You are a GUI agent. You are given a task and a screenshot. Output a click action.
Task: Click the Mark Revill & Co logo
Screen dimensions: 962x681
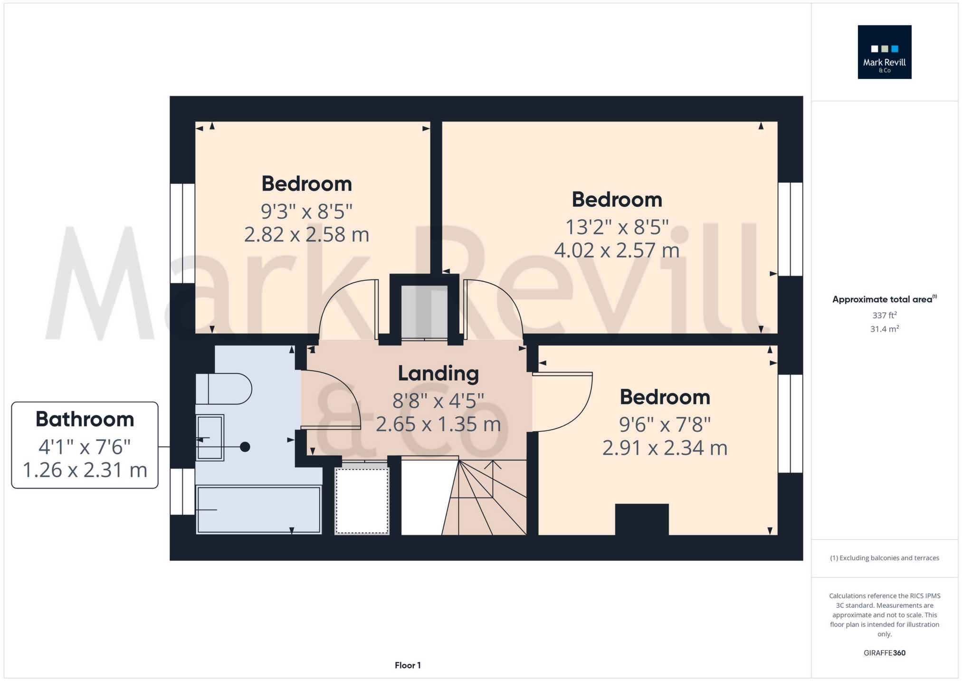(884, 52)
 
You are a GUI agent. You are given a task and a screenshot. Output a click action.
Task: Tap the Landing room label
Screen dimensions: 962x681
(438, 374)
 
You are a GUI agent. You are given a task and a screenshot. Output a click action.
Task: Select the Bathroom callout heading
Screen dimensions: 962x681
(85, 419)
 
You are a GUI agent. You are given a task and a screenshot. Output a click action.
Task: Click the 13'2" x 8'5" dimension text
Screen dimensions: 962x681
(617, 227)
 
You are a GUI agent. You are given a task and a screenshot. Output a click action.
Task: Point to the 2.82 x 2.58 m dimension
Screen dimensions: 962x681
(306, 234)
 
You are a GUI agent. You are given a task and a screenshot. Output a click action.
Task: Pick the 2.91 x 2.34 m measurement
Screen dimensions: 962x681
(665, 448)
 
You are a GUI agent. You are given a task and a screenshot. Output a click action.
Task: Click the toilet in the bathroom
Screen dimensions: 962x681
(223, 389)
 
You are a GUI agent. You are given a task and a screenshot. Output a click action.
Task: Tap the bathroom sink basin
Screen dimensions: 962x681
(210, 438)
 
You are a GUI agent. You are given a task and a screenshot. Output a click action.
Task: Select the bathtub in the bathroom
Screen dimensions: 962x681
(259, 510)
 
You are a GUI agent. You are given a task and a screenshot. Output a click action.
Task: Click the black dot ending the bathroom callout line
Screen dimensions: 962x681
(245, 447)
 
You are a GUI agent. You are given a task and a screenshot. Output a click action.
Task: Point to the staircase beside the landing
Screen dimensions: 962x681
(485, 497)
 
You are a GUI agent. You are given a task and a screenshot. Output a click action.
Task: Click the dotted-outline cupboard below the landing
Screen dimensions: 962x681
(362, 501)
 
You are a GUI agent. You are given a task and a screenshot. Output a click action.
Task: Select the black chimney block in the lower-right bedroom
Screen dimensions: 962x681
(642, 519)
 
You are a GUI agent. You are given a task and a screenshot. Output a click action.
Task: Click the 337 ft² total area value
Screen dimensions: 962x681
(884, 315)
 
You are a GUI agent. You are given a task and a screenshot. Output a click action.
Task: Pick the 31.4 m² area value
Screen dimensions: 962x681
(884, 329)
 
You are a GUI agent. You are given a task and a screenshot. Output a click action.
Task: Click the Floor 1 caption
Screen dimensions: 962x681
(408, 665)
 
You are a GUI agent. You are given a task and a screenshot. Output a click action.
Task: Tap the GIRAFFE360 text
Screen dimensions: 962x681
(884, 653)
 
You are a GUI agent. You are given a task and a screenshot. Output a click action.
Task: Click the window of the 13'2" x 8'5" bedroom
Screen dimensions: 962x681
(791, 229)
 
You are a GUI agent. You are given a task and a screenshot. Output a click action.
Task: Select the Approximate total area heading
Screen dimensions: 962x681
(884, 299)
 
